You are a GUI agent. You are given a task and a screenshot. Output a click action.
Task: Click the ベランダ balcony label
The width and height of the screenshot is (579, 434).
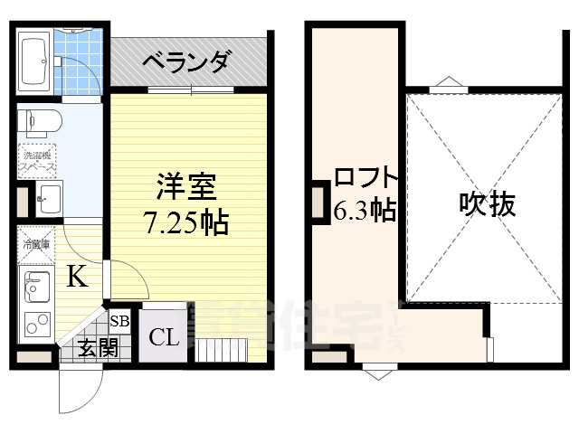click(187, 62)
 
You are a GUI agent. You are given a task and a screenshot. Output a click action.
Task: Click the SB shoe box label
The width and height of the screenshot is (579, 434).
click(119, 321)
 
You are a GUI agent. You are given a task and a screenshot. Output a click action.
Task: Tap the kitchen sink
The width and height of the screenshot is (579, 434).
click(37, 287)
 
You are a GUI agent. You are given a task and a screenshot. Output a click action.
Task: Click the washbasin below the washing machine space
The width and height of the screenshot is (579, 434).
click(46, 196)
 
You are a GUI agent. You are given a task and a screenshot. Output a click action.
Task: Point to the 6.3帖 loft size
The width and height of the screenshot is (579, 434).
click(364, 211)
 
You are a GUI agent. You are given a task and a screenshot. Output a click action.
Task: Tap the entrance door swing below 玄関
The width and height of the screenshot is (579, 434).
click(75, 390)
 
